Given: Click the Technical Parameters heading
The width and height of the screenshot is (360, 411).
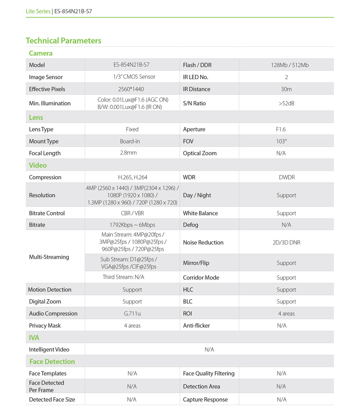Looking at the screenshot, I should click(x=63, y=41).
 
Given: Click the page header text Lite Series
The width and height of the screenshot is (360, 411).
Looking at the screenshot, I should click(x=38, y=11).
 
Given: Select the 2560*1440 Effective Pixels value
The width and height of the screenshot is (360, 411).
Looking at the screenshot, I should click(x=132, y=89).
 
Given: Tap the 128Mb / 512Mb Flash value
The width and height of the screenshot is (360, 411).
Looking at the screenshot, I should click(x=286, y=65).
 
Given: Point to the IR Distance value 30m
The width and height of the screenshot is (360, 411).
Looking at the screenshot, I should click(x=286, y=89).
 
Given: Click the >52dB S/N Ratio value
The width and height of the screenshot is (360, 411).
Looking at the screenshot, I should click(x=286, y=103).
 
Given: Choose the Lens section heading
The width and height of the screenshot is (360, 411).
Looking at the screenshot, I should click(x=36, y=117).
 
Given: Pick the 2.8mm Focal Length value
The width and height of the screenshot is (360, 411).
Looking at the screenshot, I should click(x=132, y=153).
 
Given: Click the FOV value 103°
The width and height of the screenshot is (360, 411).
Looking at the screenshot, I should click(x=282, y=141).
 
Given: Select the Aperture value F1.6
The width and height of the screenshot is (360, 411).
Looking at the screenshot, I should click(x=281, y=129).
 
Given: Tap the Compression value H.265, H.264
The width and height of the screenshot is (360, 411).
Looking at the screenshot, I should click(x=132, y=177).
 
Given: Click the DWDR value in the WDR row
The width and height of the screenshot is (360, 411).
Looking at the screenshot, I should click(x=286, y=177).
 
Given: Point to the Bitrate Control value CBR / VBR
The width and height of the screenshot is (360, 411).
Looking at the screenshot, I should click(x=132, y=213).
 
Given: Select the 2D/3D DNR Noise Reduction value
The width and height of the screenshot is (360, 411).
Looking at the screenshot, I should click(x=286, y=242).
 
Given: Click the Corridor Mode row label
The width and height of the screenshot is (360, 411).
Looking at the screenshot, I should click(x=201, y=278).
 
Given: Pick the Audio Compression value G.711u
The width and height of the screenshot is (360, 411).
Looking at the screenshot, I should click(x=132, y=314).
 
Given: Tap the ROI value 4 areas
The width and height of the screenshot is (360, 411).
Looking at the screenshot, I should click(x=286, y=314).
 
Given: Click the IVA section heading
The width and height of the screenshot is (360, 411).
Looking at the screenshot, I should click(x=34, y=338).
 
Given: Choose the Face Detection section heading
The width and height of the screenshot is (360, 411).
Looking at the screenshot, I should click(x=52, y=361).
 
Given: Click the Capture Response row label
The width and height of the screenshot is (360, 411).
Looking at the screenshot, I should click(x=205, y=399).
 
